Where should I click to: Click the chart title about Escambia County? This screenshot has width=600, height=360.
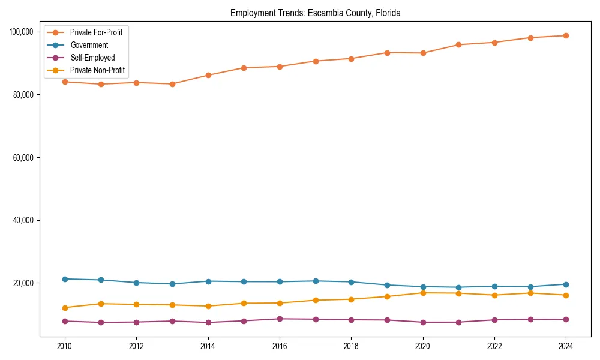[316, 13]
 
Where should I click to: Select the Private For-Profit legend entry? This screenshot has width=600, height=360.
[96, 32]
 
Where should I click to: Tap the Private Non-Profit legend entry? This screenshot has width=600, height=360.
[97, 70]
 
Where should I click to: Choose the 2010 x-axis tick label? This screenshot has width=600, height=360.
[65, 346]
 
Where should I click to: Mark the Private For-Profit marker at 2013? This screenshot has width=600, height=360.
[172, 84]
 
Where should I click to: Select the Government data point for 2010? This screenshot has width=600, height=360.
[65, 279]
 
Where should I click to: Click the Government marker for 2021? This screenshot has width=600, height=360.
[458, 287]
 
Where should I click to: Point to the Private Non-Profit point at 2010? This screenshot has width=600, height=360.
[65, 308]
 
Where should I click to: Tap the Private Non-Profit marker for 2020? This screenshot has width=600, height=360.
[423, 293]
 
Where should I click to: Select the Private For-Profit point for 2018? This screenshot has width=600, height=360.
[351, 59]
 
